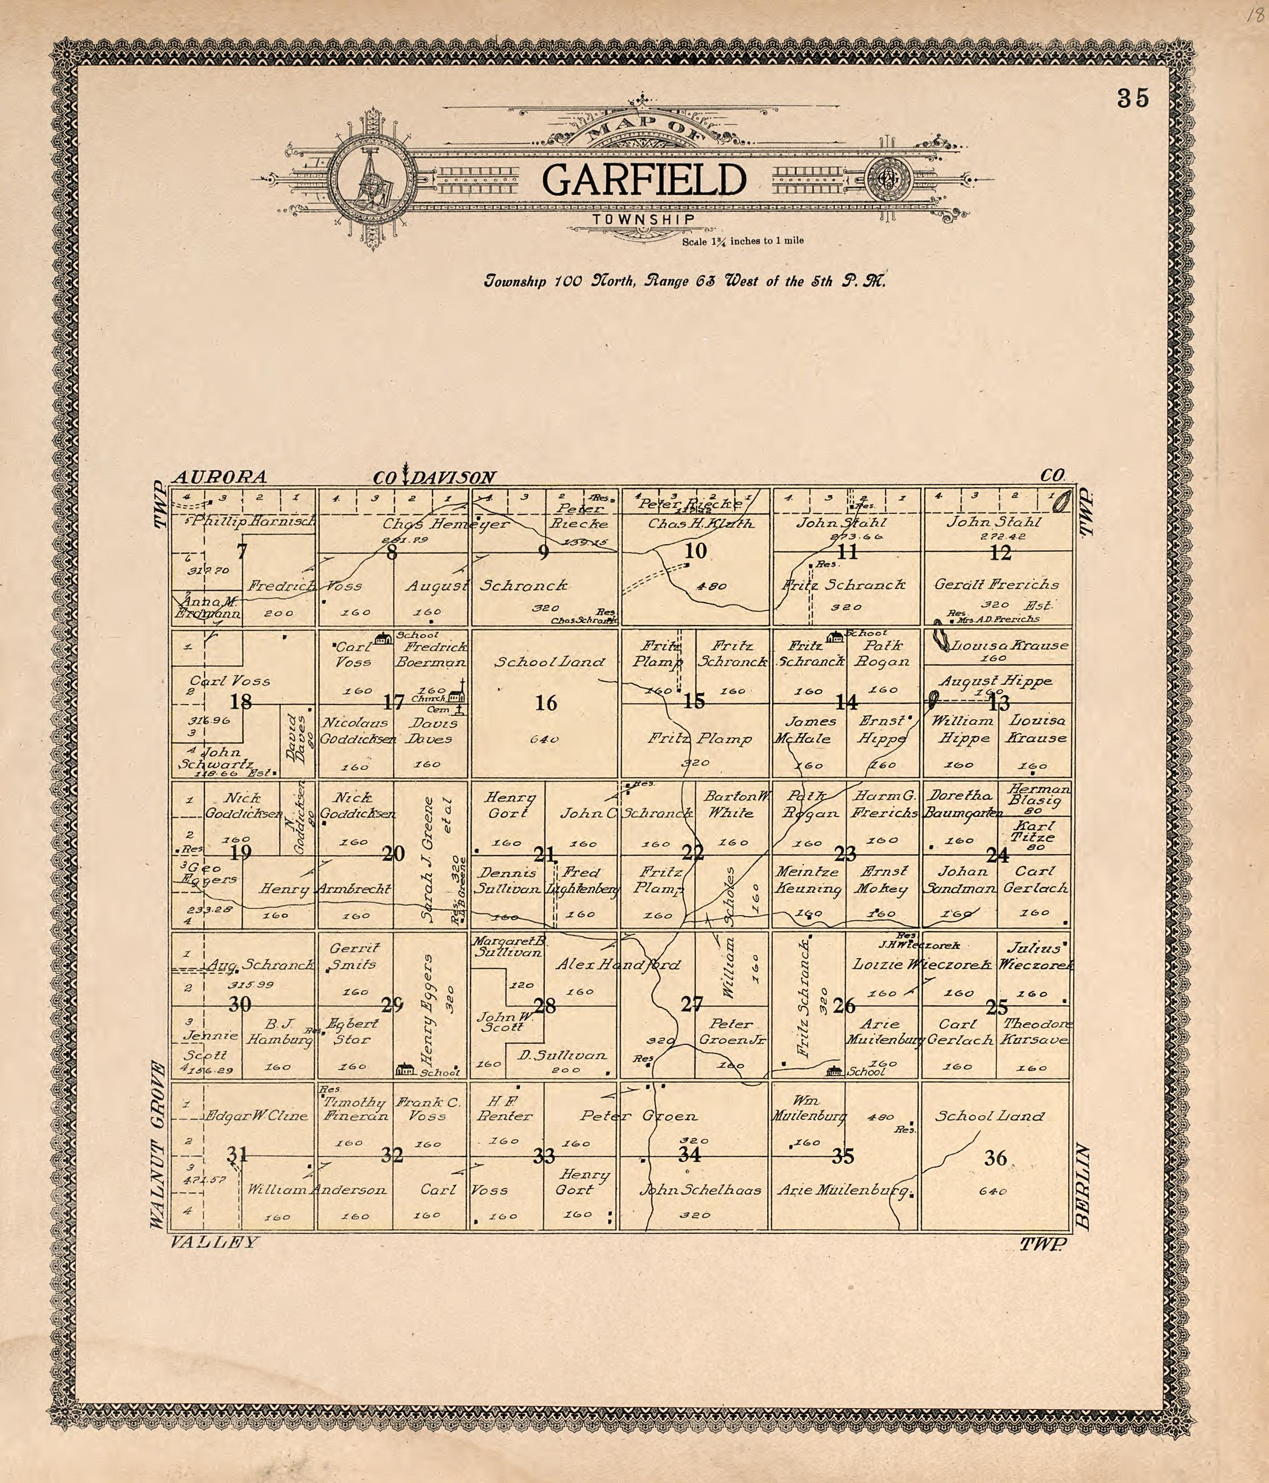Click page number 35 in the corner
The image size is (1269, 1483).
click(x=1133, y=98)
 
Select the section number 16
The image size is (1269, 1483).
click(x=546, y=703)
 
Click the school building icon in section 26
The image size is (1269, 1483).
click(x=833, y=1071)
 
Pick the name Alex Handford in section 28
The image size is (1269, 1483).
click(x=619, y=965)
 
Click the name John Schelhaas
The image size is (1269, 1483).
click(x=700, y=1190)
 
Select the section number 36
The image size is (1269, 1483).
click(x=995, y=1157)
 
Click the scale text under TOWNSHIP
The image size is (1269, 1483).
click(x=743, y=240)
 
